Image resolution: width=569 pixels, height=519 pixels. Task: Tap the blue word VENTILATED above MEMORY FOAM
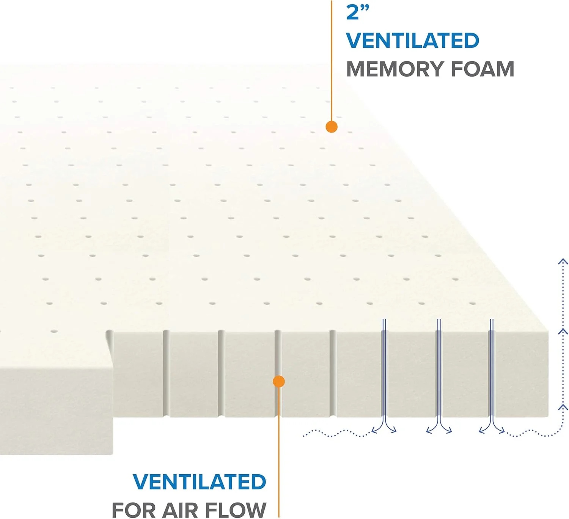(x=412, y=41)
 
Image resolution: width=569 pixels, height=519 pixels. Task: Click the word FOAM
(x=483, y=69)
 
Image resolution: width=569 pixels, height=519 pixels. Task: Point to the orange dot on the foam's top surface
(x=332, y=127)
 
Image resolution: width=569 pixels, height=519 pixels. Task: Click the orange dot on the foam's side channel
(x=279, y=381)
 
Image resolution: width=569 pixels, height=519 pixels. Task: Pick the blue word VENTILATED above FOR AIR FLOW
(x=200, y=482)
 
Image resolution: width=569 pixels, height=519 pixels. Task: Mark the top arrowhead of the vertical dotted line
(x=563, y=262)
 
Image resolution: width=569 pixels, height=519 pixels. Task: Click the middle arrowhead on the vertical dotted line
(x=563, y=331)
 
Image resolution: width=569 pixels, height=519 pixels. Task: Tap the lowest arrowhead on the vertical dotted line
(x=563, y=407)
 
